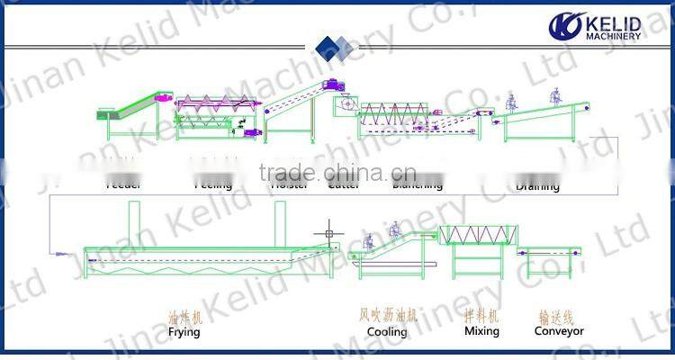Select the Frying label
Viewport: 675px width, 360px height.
[x=184, y=331]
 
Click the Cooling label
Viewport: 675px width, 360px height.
[x=387, y=331]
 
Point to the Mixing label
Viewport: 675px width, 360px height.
[x=481, y=331]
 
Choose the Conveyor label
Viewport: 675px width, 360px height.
[x=559, y=331]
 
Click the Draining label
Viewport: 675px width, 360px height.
[x=537, y=187]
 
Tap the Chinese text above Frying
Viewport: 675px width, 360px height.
[x=185, y=317]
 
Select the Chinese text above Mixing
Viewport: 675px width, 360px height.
[x=481, y=317]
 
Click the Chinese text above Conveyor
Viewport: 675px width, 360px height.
[x=559, y=317]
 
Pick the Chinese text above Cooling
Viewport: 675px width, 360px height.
[x=387, y=317]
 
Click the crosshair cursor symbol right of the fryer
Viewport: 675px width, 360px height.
[x=328, y=234]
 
